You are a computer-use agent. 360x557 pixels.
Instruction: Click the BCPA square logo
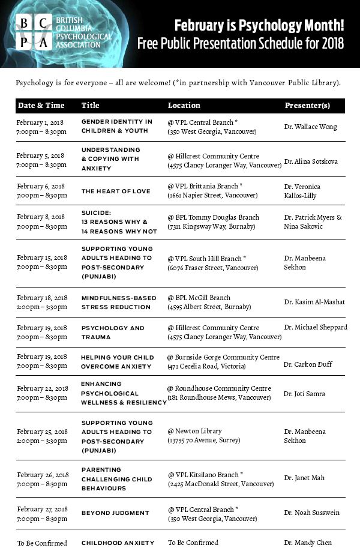32,32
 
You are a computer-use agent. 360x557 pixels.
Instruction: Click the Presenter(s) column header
307,106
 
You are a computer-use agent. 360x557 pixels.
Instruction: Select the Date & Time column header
41,106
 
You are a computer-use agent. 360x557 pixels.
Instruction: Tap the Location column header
184,106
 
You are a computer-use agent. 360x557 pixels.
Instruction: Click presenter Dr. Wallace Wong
310,127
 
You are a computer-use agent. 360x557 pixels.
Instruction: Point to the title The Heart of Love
116,191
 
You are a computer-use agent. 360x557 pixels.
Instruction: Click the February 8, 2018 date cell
41,222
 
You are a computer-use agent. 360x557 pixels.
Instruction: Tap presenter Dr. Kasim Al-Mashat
314,302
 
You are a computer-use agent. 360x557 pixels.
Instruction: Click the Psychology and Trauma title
113,333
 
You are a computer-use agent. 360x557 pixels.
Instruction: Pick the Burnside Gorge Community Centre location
223,361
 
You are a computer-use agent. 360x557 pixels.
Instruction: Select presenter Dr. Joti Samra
304,394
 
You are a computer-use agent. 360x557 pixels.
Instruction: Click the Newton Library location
203,436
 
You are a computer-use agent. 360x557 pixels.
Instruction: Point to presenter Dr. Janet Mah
304,478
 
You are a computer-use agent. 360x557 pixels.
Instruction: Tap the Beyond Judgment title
115,513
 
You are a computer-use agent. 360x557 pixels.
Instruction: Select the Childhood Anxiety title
118,543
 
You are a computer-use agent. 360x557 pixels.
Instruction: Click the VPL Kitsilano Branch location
220,478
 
